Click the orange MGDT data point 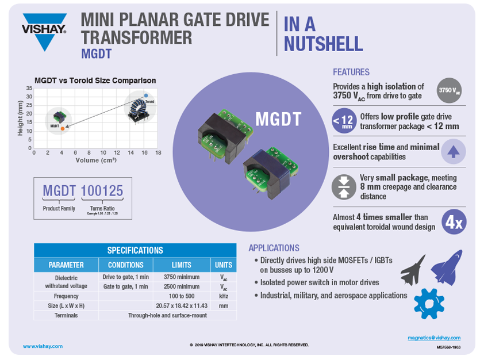tap(62, 128)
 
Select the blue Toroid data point tap(146, 95)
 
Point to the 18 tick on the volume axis tap(158, 152)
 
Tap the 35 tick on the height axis tap(29, 88)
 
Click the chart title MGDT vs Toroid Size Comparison tap(95, 81)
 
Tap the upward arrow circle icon tap(453, 152)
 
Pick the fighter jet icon tap(413, 270)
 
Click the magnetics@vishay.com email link tap(434, 338)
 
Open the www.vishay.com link tap(43, 346)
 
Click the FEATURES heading tap(351, 72)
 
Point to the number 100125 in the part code tap(102, 191)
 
